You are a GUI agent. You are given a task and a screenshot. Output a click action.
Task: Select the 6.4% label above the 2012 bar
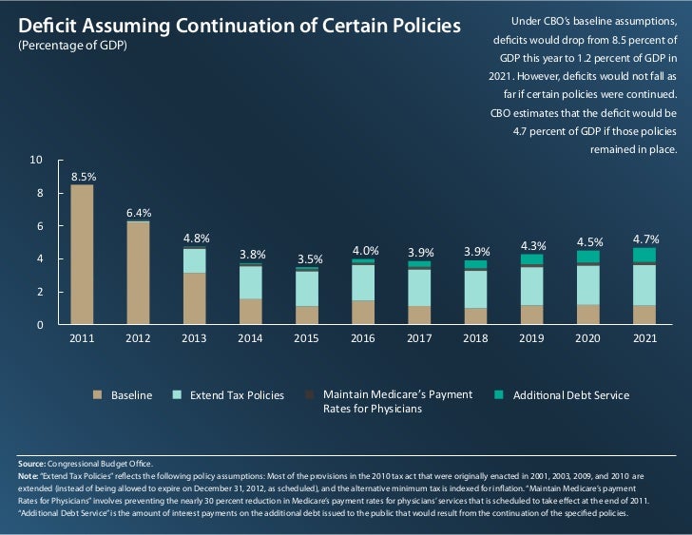tap(139, 212)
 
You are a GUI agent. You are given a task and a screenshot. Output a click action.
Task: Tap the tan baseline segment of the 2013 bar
tap(195, 299)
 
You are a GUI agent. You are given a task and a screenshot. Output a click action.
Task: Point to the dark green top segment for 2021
tap(644, 255)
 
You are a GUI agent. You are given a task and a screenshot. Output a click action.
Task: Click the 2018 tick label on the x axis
tap(475, 338)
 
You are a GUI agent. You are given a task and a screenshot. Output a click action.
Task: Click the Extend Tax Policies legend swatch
tap(177, 394)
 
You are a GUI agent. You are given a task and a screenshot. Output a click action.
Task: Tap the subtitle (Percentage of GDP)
tap(72, 47)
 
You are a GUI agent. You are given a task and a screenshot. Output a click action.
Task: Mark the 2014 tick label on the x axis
tap(251, 338)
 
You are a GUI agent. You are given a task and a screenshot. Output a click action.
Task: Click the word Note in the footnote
tap(29, 475)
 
